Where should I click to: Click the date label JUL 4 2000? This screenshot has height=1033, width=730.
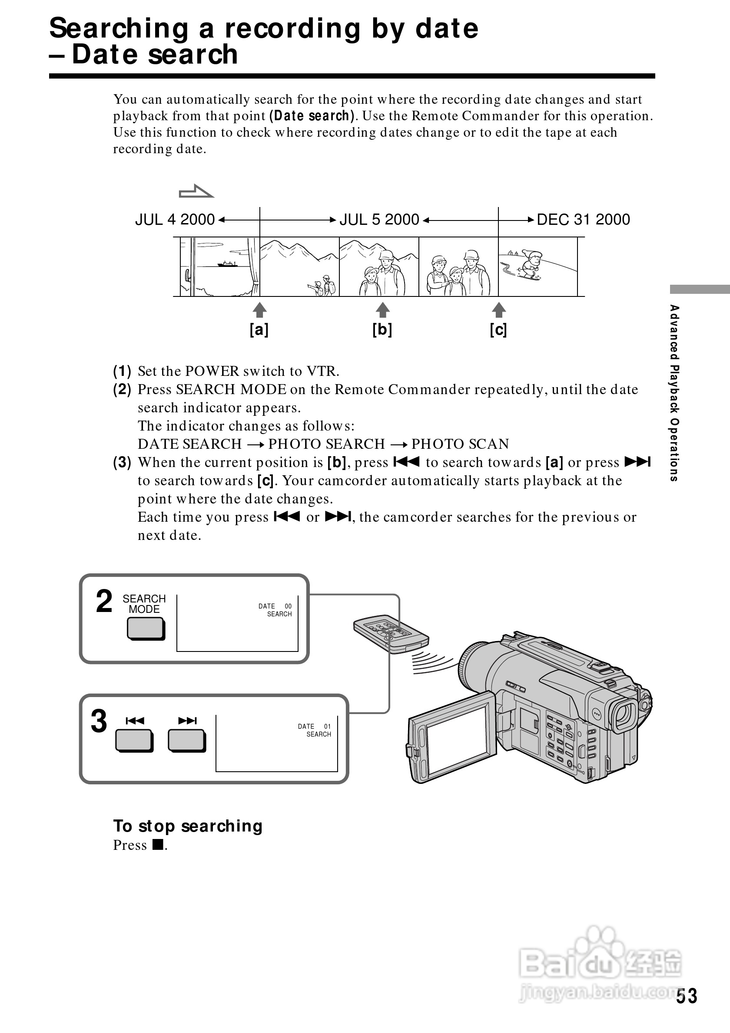pyautogui.click(x=175, y=220)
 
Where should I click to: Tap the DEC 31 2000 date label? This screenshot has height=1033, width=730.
pyautogui.click(x=583, y=220)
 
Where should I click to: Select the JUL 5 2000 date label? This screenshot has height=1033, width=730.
pyautogui.click(x=379, y=220)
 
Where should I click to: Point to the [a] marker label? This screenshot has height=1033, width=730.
pyautogui.click(x=259, y=330)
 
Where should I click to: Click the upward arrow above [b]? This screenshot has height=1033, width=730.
pyautogui.click(x=382, y=310)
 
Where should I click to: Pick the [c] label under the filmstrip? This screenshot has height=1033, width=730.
pyautogui.click(x=498, y=330)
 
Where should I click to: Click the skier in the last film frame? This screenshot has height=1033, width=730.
pyautogui.click(x=531, y=266)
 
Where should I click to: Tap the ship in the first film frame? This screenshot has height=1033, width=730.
pyautogui.click(x=227, y=264)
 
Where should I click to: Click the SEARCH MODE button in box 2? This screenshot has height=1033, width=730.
pyautogui.click(x=146, y=628)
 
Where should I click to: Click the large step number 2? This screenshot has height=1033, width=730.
pyautogui.click(x=104, y=602)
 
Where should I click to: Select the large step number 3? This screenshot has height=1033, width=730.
pyautogui.click(x=99, y=722)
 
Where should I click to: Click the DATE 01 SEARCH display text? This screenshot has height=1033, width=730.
pyautogui.click(x=315, y=730)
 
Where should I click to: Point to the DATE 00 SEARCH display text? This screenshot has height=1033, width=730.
pyautogui.click(x=275, y=610)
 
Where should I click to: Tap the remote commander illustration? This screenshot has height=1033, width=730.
pyautogui.click(x=391, y=634)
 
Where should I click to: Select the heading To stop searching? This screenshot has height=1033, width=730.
pyautogui.click(x=188, y=826)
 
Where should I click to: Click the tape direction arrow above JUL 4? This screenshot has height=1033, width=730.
pyautogui.click(x=196, y=192)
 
